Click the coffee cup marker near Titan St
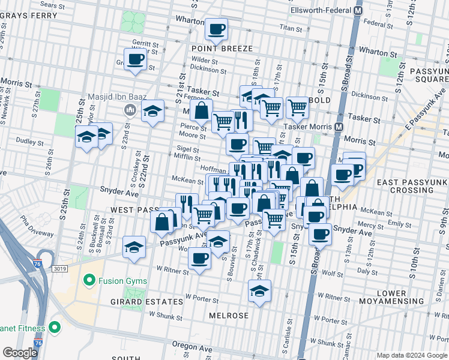point(216,28)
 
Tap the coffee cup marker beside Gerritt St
point(136,59)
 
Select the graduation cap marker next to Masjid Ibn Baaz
point(153,110)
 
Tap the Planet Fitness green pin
point(55,327)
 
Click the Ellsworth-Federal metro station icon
point(358,10)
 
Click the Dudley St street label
point(26,142)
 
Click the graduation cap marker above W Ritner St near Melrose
point(259,292)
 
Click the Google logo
point(20,353)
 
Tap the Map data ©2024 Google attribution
point(411,355)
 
